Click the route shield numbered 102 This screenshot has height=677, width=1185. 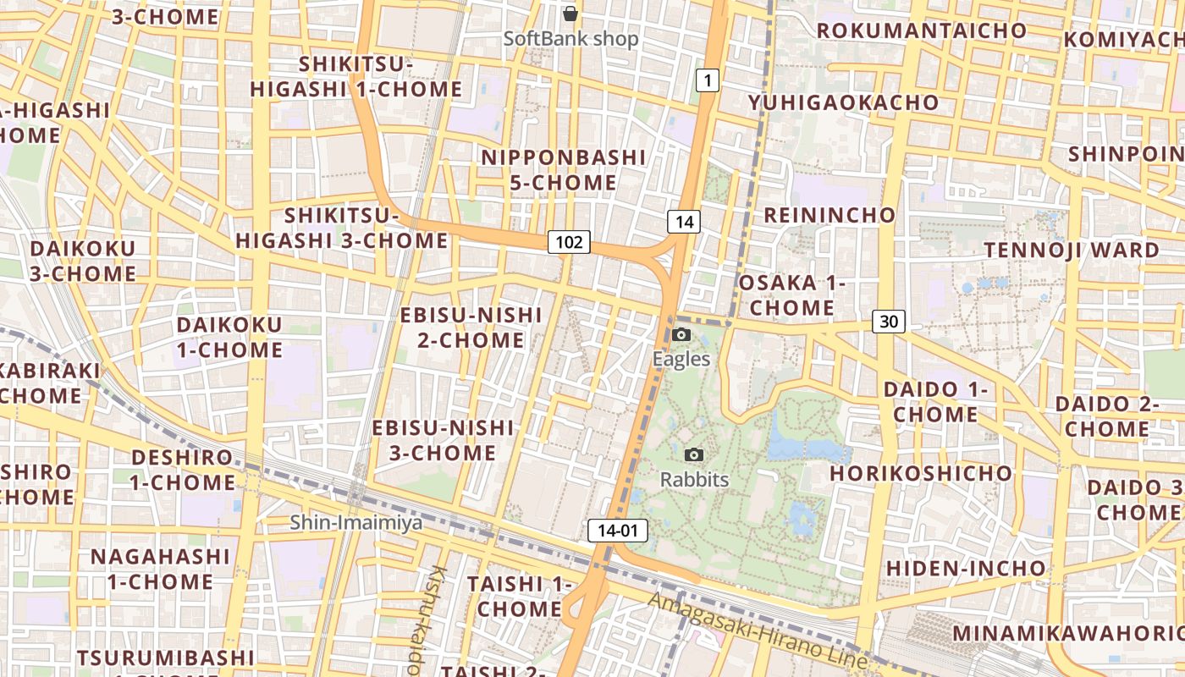click(x=569, y=242)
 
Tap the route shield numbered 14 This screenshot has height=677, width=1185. click(x=684, y=222)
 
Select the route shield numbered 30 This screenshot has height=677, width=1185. click(x=888, y=322)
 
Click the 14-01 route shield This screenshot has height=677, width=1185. click(x=617, y=531)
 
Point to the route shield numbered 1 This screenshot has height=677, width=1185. click(x=708, y=80)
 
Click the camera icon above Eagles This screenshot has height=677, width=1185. click(x=681, y=335)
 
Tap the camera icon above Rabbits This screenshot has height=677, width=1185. click(x=694, y=455)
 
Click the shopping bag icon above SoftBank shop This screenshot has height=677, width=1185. click(x=570, y=14)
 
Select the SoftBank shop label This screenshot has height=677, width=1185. click(x=570, y=39)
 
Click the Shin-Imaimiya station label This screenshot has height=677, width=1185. click(x=355, y=523)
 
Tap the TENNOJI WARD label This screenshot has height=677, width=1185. click(x=1071, y=250)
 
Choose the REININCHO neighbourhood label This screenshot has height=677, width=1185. click(x=829, y=215)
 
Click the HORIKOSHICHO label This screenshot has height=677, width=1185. click(x=920, y=473)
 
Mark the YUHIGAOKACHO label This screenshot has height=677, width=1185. click(x=843, y=103)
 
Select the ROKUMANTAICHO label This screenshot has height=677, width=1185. click(x=921, y=30)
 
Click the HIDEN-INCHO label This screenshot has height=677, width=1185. click(x=966, y=568)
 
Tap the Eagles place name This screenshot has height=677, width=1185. click(x=681, y=359)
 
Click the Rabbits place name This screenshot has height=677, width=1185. click(x=694, y=479)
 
